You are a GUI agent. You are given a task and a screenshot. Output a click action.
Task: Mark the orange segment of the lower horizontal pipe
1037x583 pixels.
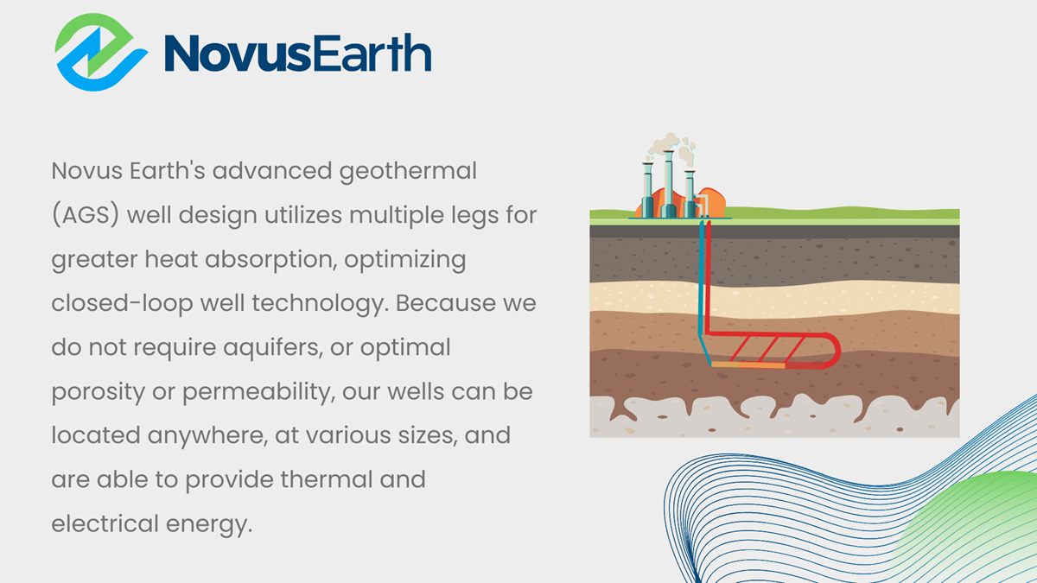point(750,366)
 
